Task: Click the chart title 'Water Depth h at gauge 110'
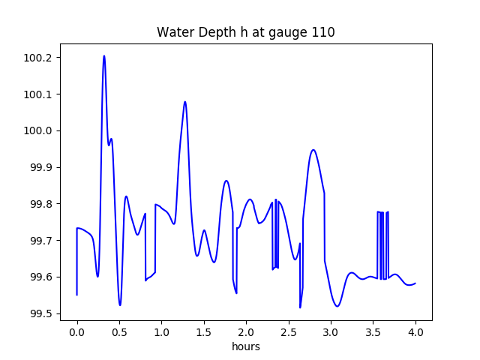[245, 32]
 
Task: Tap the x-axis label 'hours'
[245, 347]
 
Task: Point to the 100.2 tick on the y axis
[40, 58]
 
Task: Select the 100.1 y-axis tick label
[40, 94]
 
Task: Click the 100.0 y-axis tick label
[40, 131]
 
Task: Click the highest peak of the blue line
[104, 55]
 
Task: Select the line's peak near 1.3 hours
[184, 101]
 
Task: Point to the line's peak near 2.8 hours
[313, 150]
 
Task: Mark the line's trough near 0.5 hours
[120, 305]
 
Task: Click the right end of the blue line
[415, 283]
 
